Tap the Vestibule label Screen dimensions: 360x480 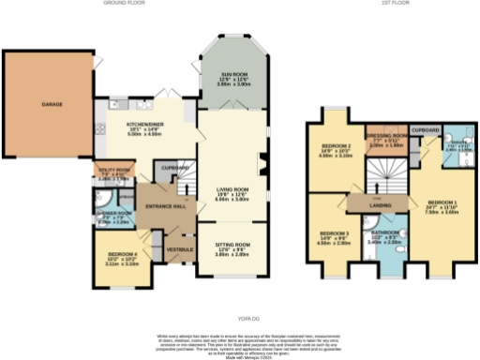[178, 249]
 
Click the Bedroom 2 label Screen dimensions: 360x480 [336, 146]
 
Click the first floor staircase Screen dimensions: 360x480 [382, 172]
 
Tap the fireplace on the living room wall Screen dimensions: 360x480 [262, 163]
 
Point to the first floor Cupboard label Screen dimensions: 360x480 [427, 129]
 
